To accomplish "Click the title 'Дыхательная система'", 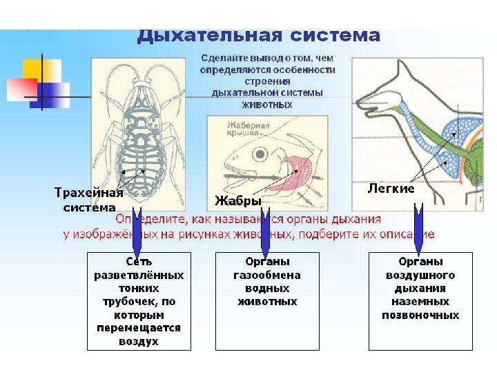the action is pyautogui.click(x=258, y=35).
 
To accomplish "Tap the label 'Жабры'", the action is pyautogui.click(x=238, y=201).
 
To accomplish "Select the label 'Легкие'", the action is pyautogui.click(x=391, y=188).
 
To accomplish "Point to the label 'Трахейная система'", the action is pyautogui.click(x=89, y=200).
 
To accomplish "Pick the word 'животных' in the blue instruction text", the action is pyautogui.click(x=266, y=105).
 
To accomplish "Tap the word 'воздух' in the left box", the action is pyautogui.click(x=139, y=341).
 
